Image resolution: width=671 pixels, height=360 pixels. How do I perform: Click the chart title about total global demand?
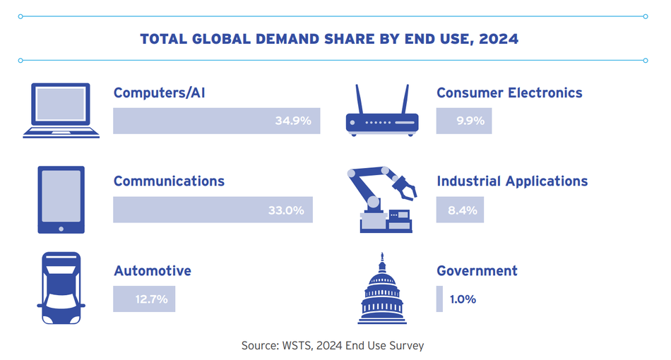coord(329,39)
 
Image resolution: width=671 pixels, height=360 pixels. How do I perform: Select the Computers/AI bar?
coord(216,121)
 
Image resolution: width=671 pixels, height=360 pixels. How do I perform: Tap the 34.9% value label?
coord(293,121)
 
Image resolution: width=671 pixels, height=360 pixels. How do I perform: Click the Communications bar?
coord(213,210)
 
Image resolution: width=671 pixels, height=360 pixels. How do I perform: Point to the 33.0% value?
coord(285,210)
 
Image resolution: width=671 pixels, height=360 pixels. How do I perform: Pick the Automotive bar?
coord(144,299)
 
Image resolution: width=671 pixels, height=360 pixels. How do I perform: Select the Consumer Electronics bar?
coord(464,121)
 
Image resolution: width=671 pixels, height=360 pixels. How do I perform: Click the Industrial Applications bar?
coord(460,210)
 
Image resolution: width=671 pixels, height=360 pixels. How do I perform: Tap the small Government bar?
coord(439,299)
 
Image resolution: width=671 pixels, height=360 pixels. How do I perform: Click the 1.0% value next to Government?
coord(463,299)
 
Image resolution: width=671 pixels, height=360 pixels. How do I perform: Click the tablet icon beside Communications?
coord(61,200)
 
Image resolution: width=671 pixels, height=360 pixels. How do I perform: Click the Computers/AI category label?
coord(159,92)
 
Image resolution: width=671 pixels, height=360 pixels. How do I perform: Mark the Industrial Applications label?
coord(512,181)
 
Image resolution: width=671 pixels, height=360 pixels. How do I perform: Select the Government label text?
coord(477,271)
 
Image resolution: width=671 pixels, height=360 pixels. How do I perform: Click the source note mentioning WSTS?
coord(333,345)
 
